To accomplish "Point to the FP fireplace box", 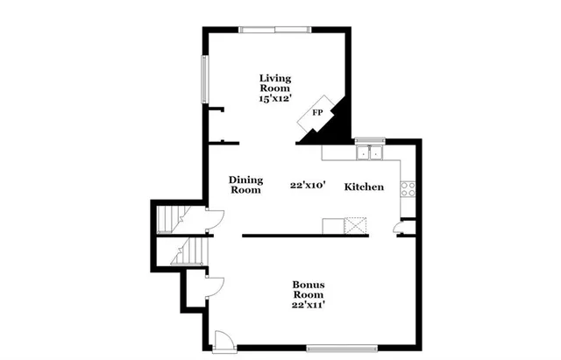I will click(x=316, y=113).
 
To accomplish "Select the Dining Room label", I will click(x=245, y=185).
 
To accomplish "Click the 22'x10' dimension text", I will click(x=309, y=186).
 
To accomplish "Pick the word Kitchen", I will click(x=364, y=187).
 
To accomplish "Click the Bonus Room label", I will click(x=309, y=290).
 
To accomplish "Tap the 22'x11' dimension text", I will click(x=309, y=306).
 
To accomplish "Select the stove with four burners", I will click(x=408, y=187).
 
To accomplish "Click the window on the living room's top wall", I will click(x=274, y=30).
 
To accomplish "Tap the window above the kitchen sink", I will click(x=370, y=139).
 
